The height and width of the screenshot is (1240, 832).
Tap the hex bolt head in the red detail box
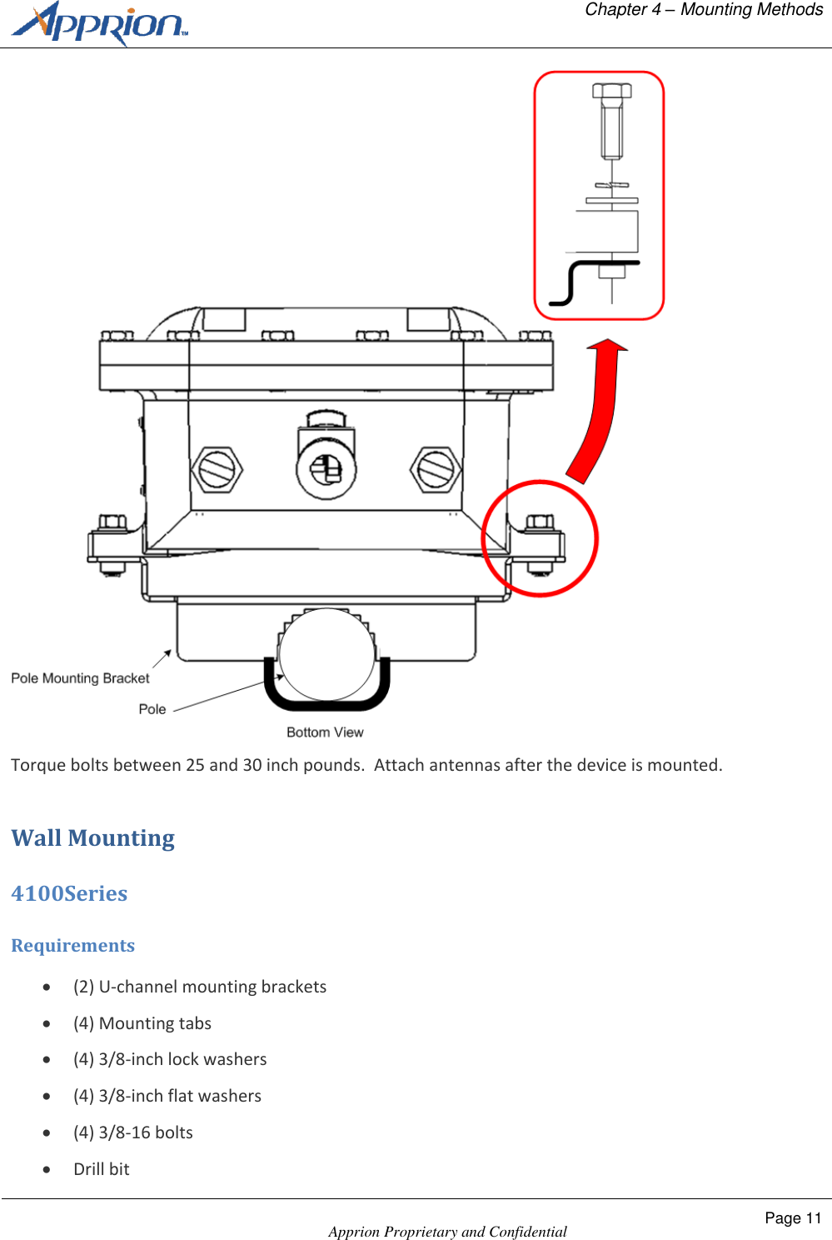tap(611, 91)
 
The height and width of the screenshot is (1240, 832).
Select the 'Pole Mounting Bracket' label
tap(80, 678)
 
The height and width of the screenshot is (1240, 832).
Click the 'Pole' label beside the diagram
tap(152, 709)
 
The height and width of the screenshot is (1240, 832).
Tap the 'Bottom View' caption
tap(325, 732)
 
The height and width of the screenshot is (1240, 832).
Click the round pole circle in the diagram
tap(327, 654)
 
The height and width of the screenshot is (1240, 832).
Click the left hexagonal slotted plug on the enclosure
tap(217, 469)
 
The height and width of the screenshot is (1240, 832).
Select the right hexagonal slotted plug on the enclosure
tap(436, 469)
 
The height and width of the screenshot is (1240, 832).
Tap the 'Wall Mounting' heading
tap(92, 838)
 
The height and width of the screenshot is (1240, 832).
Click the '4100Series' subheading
tap(69, 893)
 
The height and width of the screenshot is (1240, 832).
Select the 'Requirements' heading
tap(72, 946)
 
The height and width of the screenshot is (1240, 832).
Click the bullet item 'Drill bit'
tap(101, 1169)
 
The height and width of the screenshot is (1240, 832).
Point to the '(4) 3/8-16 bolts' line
tap(133, 1132)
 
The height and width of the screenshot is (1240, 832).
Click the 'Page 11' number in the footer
tap(792, 1218)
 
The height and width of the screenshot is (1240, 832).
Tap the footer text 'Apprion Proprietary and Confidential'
tap(447, 1232)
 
